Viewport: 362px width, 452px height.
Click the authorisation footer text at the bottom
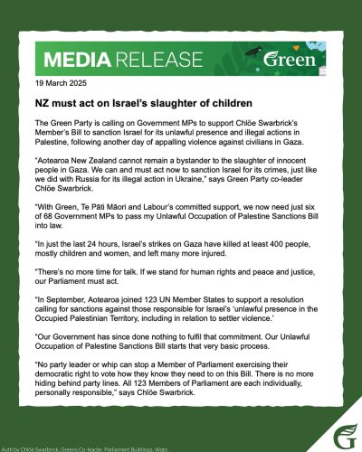point(72,446)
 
